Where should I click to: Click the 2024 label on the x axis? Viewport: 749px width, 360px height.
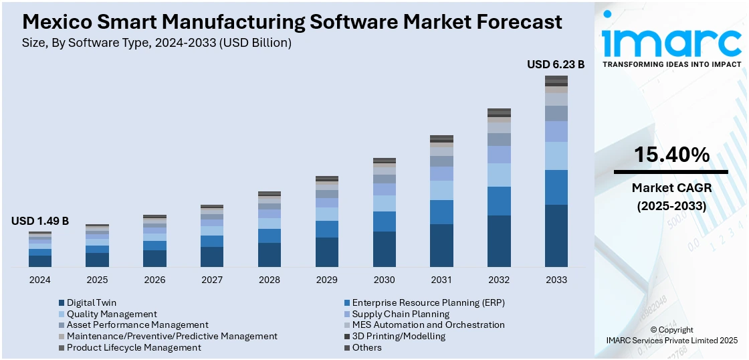point(39,280)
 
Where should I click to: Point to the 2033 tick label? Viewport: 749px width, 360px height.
point(556,280)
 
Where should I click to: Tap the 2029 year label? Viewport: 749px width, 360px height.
point(326,280)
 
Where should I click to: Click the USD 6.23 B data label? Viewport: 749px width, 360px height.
point(556,64)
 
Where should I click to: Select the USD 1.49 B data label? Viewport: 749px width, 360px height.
point(40,221)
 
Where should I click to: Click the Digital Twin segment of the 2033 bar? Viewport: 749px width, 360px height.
point(556,236)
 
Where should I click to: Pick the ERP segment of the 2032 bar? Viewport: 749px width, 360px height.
point(499,201)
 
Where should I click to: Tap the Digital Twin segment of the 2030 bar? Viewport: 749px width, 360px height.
point(384,249)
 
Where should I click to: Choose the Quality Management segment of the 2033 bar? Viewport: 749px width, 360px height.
point(556,156)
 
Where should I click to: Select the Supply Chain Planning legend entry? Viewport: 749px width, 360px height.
point(401,314)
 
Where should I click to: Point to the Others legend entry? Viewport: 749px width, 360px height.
point(366,347)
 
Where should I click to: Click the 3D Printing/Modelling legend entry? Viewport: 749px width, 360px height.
point(399,336)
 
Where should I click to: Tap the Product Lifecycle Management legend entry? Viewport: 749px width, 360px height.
point(134,347)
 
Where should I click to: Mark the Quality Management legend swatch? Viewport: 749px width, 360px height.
point(62,314)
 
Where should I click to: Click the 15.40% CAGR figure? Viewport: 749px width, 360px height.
point(671,155)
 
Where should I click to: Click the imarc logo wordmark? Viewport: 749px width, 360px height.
point(671,41)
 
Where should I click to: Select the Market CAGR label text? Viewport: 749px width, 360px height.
point(671,188)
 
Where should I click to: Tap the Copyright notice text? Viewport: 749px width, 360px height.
point(671,330)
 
